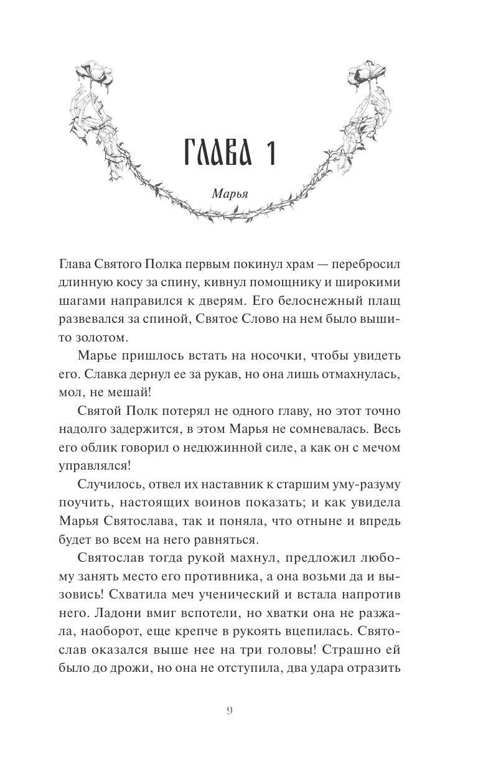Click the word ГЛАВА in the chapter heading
tap(213, 152)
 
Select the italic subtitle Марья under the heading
tap(230, 192)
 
